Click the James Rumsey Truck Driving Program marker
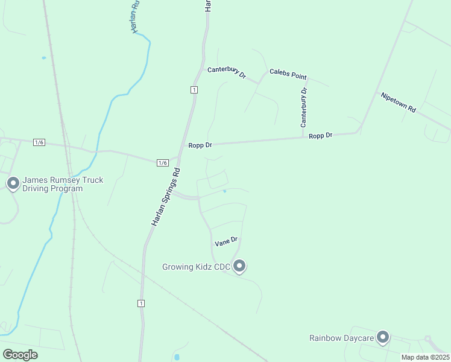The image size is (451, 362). (x=13, y=182)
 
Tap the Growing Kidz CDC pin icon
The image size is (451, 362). (x=239, y=265)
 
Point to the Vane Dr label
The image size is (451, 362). (x=227, y=241)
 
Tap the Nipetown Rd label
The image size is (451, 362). (x=398, y=102)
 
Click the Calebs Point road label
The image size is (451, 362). (x=288, y=74)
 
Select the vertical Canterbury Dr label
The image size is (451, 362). (x=304, y=107)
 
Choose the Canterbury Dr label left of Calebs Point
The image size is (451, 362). (x=227, y=72)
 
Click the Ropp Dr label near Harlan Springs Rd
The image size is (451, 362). (x=200, y=145)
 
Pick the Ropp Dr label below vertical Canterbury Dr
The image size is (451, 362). (x=321, y=136)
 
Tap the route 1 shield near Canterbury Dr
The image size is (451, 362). (x=194, y=90)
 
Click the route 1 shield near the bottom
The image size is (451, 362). (x=141, y=303)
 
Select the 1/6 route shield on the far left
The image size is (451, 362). (x=39, y=142)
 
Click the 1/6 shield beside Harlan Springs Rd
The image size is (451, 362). (x=162, y=163)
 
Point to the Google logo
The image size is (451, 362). (x=20, y=354)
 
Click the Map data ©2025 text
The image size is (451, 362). (x=424, y=357)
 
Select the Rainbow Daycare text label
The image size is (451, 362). (x=342, y=338)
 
